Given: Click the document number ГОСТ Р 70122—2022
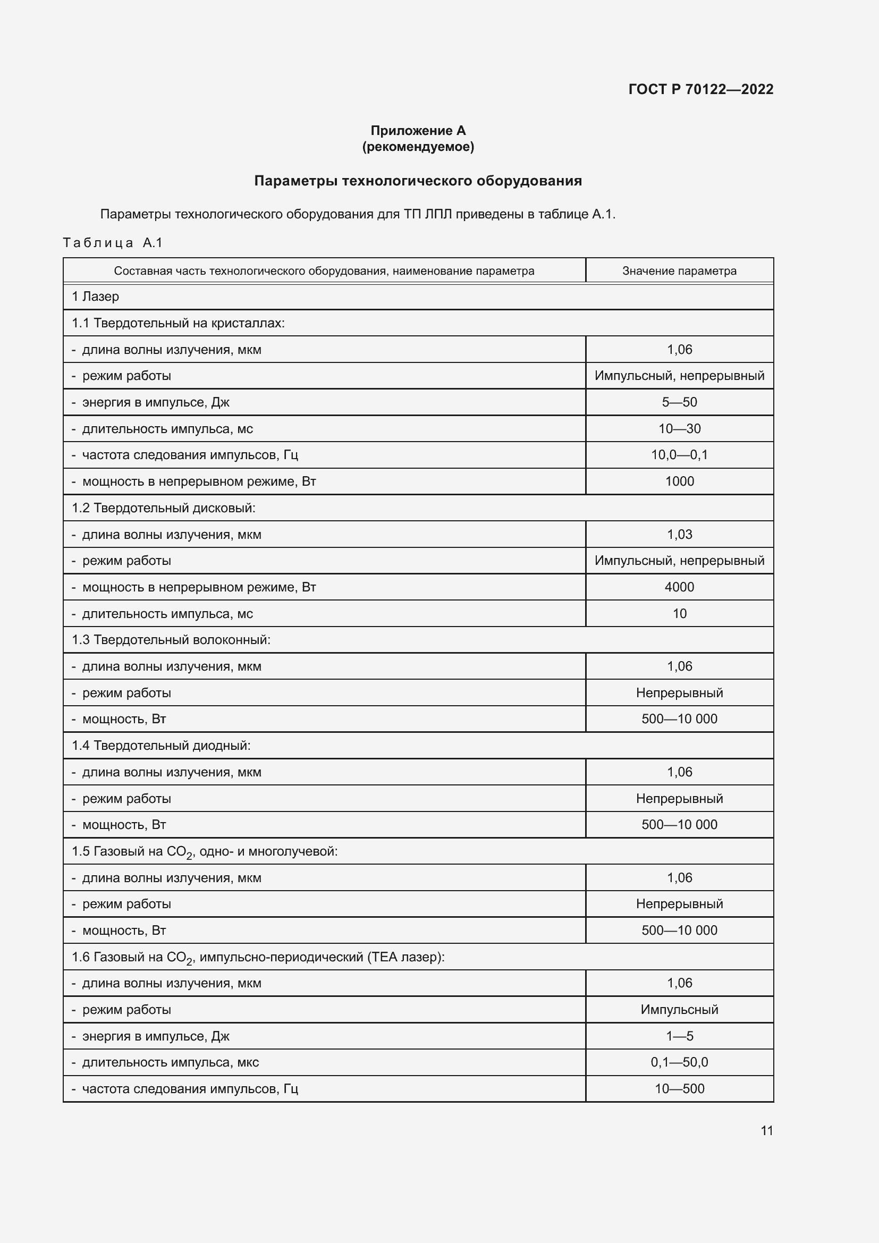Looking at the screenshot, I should pyautogui.click(x=700, y=89).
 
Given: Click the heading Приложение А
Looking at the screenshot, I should pyautogui.click(x=418, y=131).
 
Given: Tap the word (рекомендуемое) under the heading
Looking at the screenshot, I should pyautogui.click(x=418, y=147).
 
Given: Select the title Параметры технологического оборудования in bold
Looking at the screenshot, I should pyautogui.click(x=418, y=181).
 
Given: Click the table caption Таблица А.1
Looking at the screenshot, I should pyautogui.click(x=113, y=242).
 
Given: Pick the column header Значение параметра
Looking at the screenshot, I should pyautogui.click(x=679, y=270).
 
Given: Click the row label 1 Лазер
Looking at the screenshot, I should pyautogui.click(x=95, y=297).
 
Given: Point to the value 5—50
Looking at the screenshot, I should pyautogui.click(x=679, y=402).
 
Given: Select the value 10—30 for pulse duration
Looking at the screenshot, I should pyautogui.click(x=679, y=429).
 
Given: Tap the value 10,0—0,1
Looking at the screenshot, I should pyautogui.click(x=679, y=455).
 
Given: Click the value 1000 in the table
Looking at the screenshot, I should pyautogui.click(x=679, y=481).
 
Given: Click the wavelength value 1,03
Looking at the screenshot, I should pyautogui.click(x=679, y=534).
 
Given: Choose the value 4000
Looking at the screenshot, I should pyautogui.click(x=679, y=587).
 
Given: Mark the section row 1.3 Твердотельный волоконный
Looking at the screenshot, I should pyautogui.click(x=171, y=640).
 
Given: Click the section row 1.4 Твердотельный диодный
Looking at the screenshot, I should pyautogui.click(x=162, y=746).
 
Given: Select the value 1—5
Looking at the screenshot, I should pyautogui.click(x=679, y=1036).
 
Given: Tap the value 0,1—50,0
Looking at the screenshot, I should pyautogui.click(x=679, y=1062).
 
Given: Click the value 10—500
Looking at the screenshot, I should pyautogui.click(x=679, y=1089).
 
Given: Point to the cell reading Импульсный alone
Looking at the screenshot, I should pyautogui.click(x=679, y=1010).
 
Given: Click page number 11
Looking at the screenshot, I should pyautogui.click(x=766, y=1130).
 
